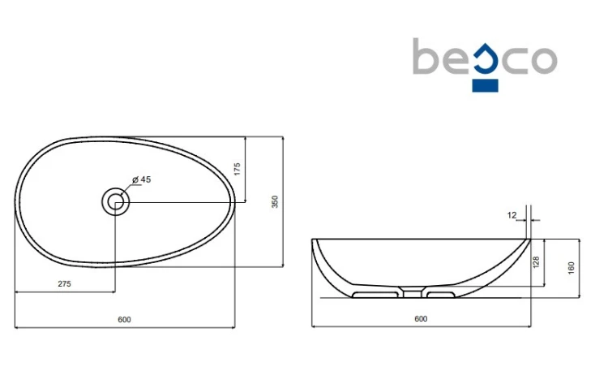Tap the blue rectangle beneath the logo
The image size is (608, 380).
(485, 85)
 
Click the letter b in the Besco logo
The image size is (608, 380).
(426, 56)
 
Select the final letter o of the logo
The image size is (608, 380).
(544, 60)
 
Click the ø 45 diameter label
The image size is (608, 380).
(142, 179)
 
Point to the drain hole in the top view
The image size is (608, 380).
(115, 201)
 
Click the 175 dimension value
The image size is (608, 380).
(237, 169)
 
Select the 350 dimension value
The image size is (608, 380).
(275, 201)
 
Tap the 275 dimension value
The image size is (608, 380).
(64, 284)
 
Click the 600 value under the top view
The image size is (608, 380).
(125, 319)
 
